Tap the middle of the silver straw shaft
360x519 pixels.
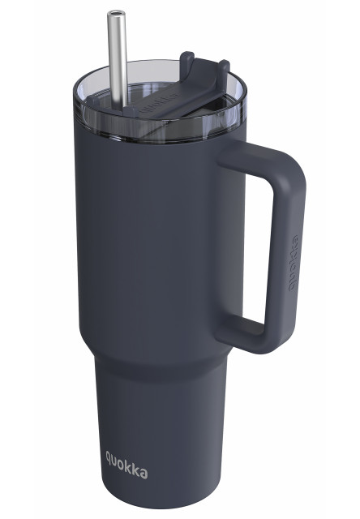pos(118,62)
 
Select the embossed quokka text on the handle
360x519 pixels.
pos(294,263)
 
